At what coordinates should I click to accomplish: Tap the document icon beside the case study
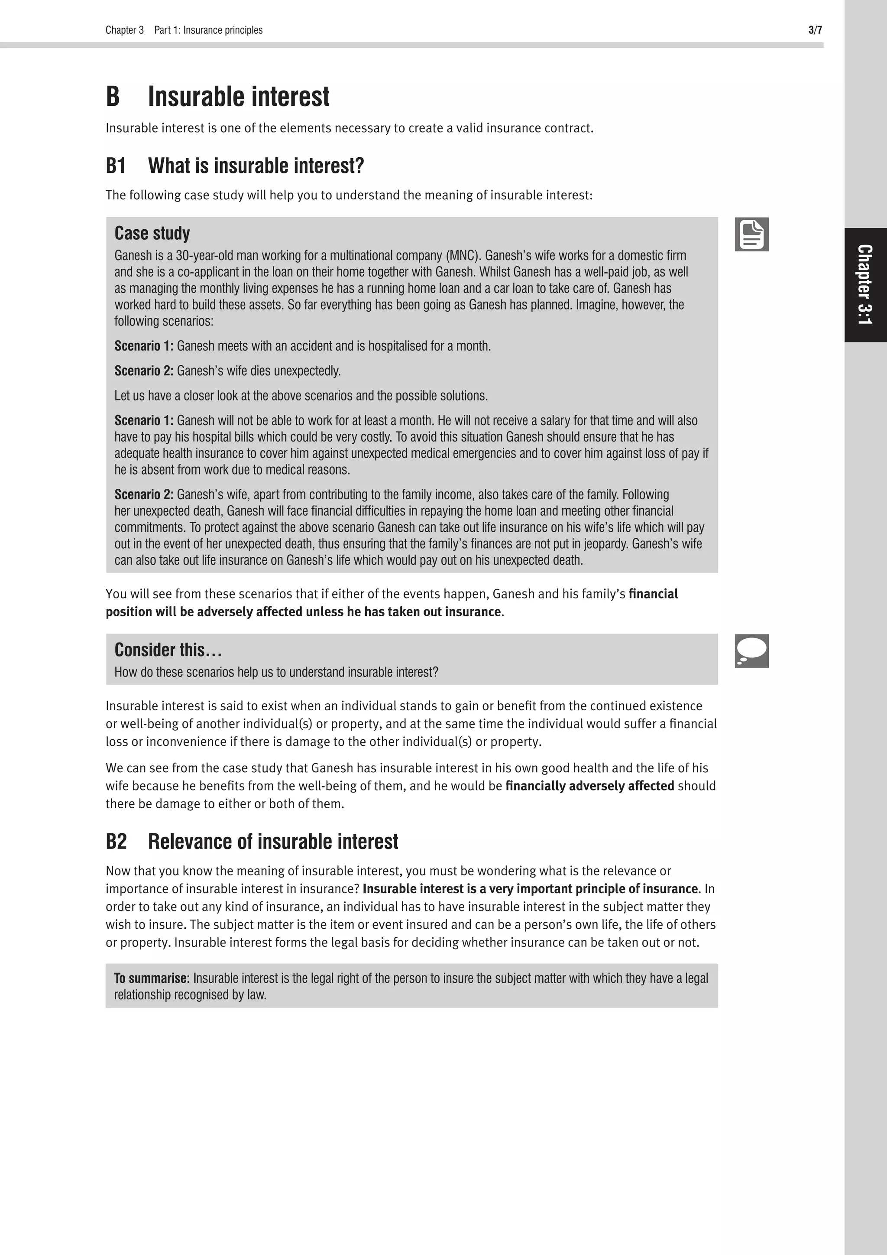(751, 234)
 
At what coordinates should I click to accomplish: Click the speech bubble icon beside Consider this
(751, 651)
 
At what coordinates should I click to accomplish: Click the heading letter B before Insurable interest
(113, 97)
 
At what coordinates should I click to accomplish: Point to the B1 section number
(116, 166)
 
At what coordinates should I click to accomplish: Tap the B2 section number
(116, 841)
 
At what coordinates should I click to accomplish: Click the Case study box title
(152, 234)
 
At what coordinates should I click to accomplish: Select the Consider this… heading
(168, 650)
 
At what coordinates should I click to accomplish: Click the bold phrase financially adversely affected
(589, 786)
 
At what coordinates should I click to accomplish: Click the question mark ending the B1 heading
(359, 166)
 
